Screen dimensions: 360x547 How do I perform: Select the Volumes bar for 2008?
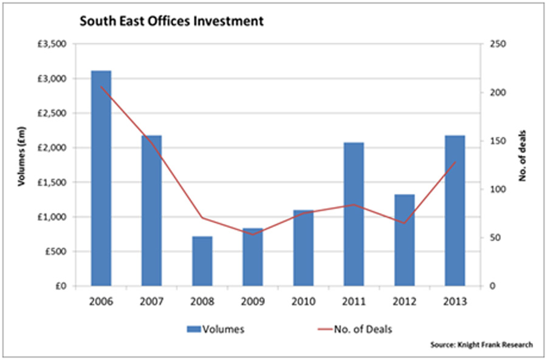point(202,261)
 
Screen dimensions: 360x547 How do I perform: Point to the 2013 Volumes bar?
point(454,210)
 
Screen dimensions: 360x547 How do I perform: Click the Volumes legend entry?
point(216,330)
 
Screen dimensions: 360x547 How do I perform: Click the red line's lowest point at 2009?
point(252,234)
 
